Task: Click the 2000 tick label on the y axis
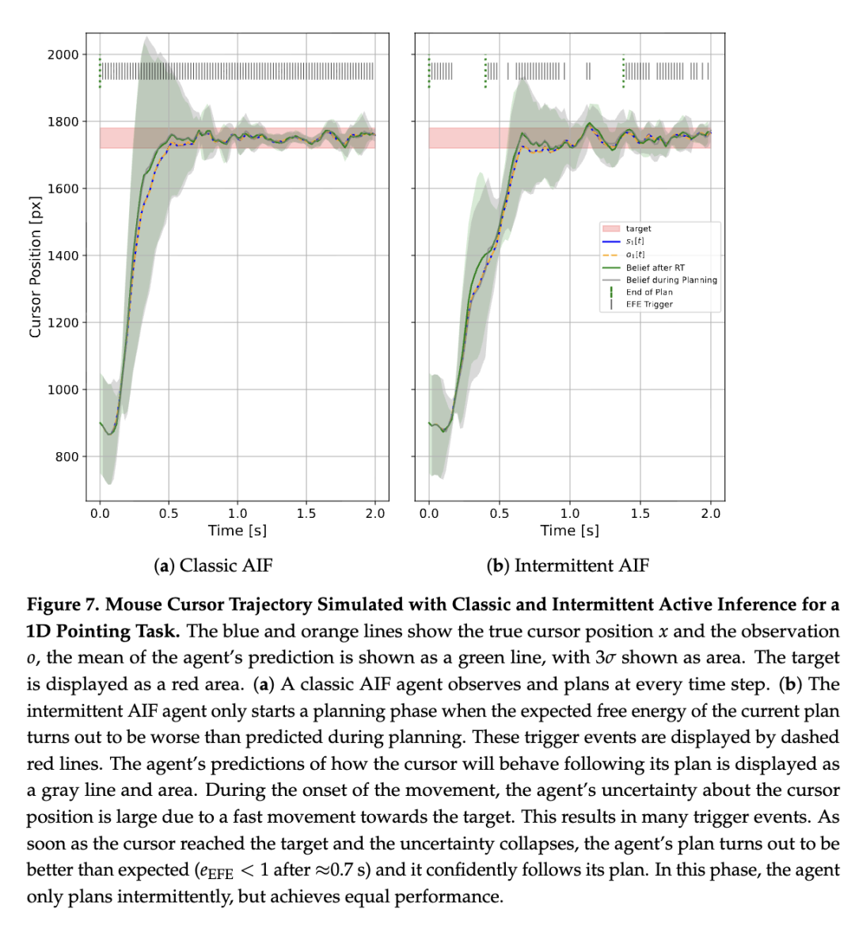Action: (63, 55)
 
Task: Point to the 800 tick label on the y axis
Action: (66, 457)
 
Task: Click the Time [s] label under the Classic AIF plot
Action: (237, 531)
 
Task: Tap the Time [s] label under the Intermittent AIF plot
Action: (569, 531)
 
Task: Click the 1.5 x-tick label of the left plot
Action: (306, 513)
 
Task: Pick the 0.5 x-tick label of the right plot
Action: (499, 513)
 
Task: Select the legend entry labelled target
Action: (638, 229)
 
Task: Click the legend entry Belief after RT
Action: (655, 268)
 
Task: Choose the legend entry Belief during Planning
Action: (671, 280)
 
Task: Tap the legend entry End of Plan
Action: (649, 292)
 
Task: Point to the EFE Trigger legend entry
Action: (649, 304)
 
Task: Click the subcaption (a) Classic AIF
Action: (213, 565)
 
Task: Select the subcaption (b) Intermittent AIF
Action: (568, 565)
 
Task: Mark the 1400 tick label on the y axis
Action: (63, 256)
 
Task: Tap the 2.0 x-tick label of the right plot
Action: (710, 513)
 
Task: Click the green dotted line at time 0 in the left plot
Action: (100, 72)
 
